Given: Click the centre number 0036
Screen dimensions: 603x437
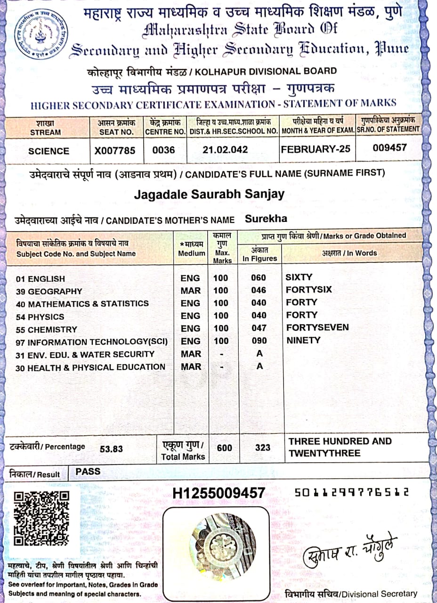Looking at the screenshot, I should (163, 151).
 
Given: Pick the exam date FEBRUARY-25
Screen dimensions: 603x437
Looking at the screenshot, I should (316, 149).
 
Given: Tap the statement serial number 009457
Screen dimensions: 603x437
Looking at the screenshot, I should (389, 147).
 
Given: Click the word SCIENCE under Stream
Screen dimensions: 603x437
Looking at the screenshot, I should (49, 151).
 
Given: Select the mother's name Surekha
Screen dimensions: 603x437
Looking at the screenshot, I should (266, 219).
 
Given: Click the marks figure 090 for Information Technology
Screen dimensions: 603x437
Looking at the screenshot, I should (259, 341).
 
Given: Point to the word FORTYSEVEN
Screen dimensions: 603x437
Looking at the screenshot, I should (317, 327).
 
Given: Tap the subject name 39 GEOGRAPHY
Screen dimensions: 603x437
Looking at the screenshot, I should (49, 291).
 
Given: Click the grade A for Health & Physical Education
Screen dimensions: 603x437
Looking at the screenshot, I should (259, 366).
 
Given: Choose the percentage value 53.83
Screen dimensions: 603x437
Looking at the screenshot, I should (111, 449).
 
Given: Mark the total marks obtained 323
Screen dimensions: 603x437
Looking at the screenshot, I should (263, 448).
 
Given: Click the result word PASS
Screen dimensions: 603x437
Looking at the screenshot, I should (88, 471).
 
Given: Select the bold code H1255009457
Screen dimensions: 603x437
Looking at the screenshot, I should (218, 493).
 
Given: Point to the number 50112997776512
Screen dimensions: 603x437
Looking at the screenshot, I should (351, 493).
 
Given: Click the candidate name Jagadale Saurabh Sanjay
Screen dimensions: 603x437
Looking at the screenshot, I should (209, 194).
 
